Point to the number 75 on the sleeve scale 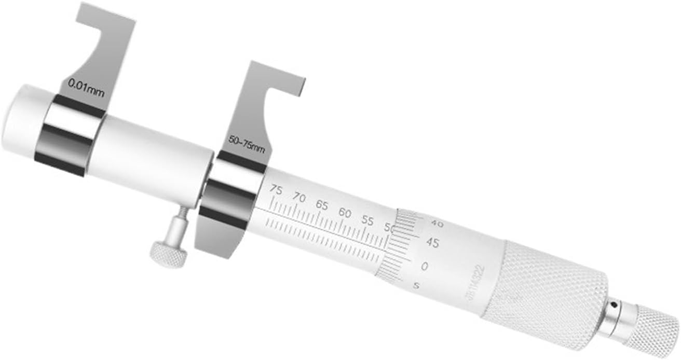pos(276,190)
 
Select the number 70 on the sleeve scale pos(299,197)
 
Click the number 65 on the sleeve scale pos(322,205)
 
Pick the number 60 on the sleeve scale pos(345,213)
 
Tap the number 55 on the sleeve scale pos(367,220)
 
